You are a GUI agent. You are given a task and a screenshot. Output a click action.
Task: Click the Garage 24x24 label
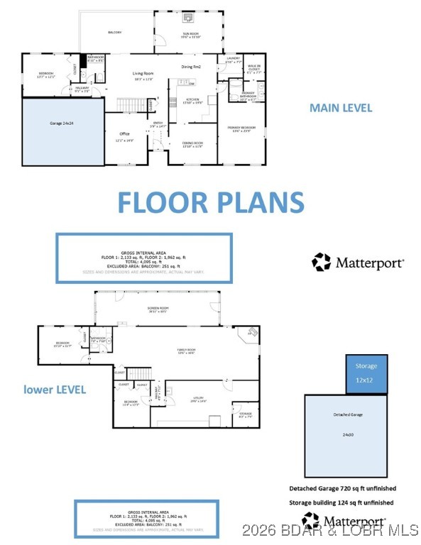point(61,123)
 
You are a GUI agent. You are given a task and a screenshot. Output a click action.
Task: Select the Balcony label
point(115,33)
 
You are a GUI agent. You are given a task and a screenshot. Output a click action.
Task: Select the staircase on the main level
point(131,105)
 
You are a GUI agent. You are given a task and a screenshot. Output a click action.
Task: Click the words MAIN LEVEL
point(340,108)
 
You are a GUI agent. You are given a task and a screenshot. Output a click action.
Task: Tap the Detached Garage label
point(346,414)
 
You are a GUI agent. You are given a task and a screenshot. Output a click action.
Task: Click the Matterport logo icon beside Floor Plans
point(321,262)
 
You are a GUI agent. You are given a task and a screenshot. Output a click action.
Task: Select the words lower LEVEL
point(55,389)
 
